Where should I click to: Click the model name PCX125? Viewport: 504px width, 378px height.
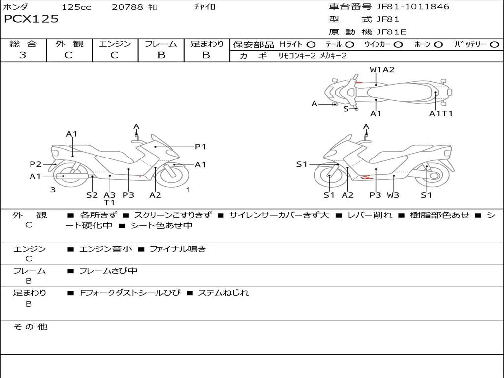tap(31, 19)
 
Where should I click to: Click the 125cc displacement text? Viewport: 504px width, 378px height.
tap(76, 7)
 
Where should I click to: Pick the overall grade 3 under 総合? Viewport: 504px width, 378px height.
tap(23, 55)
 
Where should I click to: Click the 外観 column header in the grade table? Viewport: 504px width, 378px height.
tap(69, 44)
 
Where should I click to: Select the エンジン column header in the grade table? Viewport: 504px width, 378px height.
tap(115, 44)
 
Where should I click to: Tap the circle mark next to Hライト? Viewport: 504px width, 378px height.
tap(311, 44)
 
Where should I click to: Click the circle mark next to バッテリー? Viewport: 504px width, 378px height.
tap(494, 44)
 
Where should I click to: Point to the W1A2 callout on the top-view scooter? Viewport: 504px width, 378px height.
tap(382, 70)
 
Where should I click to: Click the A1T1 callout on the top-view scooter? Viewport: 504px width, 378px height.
tap(441, 114)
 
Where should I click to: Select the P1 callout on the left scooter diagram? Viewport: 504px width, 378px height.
tap(200, 146)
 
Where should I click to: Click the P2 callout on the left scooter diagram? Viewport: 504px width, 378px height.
tap(35, 164)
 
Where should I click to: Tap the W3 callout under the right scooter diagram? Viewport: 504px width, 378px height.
tap(393, 195)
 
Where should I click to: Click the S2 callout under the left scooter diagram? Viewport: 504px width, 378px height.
tap(92, 195)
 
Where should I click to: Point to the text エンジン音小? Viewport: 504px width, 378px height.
tap(105, 249)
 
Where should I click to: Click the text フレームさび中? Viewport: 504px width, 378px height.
tap(108, 271)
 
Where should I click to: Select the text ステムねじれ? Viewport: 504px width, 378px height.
tap(223, 293)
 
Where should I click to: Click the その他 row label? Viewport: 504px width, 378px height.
tap(30, 327)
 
